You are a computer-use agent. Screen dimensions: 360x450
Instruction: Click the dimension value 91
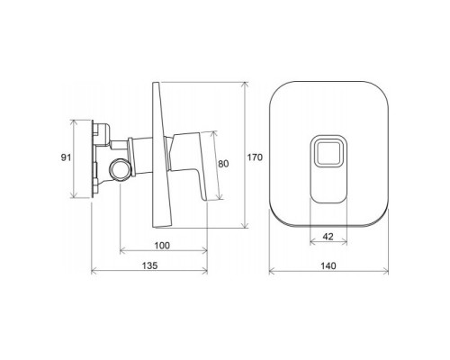[64, 157]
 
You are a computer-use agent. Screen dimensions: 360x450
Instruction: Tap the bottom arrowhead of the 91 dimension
[75, 197]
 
